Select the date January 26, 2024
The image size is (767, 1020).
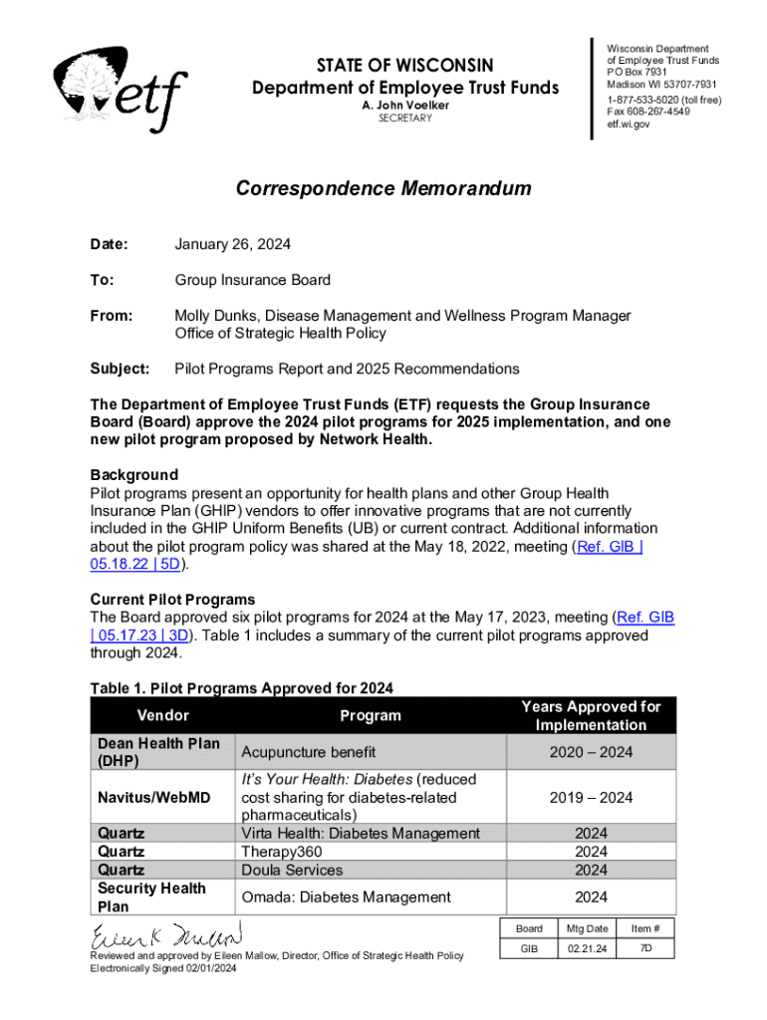point(233,244)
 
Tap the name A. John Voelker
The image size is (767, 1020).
point(404,105)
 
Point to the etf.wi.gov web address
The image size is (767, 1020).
point(628,125)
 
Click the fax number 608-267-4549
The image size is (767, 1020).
point(647,113)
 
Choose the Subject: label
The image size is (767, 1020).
point(120,369)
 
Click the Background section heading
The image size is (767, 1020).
point(134,474)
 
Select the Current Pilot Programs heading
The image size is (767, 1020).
point(172,600)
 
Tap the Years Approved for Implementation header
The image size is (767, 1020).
point(591,715)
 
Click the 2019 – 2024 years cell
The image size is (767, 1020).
point(591,797)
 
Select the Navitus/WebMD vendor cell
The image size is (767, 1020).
point(154,797)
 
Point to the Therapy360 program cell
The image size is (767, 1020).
point(284,852)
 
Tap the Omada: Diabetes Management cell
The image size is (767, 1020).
point(346,896)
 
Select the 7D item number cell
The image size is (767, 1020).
point(647,949)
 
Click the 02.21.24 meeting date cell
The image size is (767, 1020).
point(588,949)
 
